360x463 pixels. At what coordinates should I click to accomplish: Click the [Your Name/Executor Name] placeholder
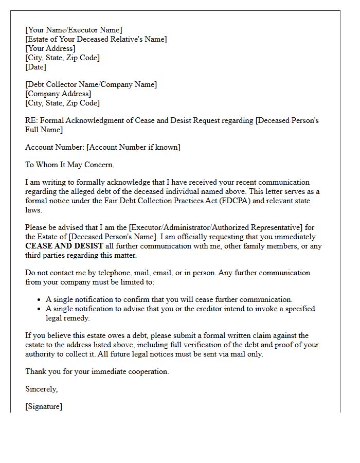coord(74,30)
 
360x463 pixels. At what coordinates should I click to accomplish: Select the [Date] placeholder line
coord(35,67)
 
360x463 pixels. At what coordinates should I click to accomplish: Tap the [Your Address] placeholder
coord(50,48)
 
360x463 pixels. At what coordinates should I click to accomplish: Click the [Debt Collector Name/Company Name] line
coord(91,84)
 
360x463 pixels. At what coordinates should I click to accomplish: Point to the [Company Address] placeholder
coord(58,94)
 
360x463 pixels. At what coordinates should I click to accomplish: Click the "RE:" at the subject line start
coord(31,120)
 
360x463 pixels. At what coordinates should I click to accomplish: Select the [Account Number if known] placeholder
coord(133,147)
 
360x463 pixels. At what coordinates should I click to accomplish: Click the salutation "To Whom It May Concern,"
coord(69,165)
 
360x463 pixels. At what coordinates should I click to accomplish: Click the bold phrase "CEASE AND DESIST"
coord(64,246)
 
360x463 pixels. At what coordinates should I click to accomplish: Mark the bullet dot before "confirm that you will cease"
coord(40,299)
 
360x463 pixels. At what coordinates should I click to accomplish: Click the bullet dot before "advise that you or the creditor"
coord(40,309)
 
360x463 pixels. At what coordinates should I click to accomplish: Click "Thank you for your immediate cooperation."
coord(97,371)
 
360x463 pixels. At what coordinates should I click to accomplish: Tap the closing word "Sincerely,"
coord(42,389)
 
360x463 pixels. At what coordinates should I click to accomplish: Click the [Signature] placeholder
coord(44,406)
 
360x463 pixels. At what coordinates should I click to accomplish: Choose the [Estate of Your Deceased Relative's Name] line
coord(96,39)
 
